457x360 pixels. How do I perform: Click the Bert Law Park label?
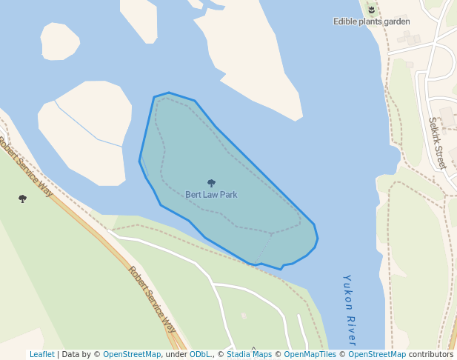coord(211,195)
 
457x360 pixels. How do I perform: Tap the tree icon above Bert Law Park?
coord(211,183)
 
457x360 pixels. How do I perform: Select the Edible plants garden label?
coord(371,21)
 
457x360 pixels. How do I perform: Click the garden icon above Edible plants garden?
coord(371,10)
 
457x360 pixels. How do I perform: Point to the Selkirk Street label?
coord(437,143)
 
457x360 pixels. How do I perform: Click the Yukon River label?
coord(350,310)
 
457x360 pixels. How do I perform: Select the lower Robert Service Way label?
coord(153,299)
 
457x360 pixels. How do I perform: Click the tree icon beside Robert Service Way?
coord(22,199)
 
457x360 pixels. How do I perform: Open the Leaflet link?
coord(41,355)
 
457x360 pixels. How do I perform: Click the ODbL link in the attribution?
coord(199,355)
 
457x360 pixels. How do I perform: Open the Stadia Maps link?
coord(249,355)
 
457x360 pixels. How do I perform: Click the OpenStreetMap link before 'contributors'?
coord(377,355)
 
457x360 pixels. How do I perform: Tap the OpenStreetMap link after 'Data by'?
coord(132,355)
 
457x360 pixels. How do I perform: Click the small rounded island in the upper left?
coord(59,41)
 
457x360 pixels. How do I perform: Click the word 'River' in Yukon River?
coord(351,331)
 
